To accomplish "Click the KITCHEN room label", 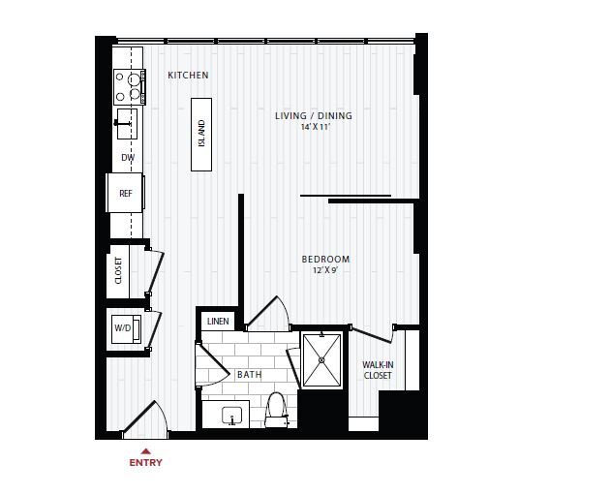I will (x=188, y=76).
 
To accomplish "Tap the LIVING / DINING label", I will (x=313, y=116).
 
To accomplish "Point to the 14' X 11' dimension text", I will (x=313, y=127).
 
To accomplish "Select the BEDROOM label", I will (x=325, y=260).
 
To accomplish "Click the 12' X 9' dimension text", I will (x=325, y=270).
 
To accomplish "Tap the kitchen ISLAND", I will (x=201, y=134).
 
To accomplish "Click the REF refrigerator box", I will (x=126, y=193).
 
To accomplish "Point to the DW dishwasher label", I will (x=127, y=157).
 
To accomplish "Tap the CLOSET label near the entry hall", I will (x=119, y=270).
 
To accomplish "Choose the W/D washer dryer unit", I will (x=125, y=328).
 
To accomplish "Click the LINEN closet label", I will (x=218, y=321).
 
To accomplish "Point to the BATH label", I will (x=249, y=375).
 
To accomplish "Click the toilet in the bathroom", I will (x=276, y=409).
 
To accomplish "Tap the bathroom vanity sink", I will (x=232, y=416).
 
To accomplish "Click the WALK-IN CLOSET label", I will (x=377, y=370).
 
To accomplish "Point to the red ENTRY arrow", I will (x=146, y=450).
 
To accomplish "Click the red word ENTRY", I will (x=146, y=463).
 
